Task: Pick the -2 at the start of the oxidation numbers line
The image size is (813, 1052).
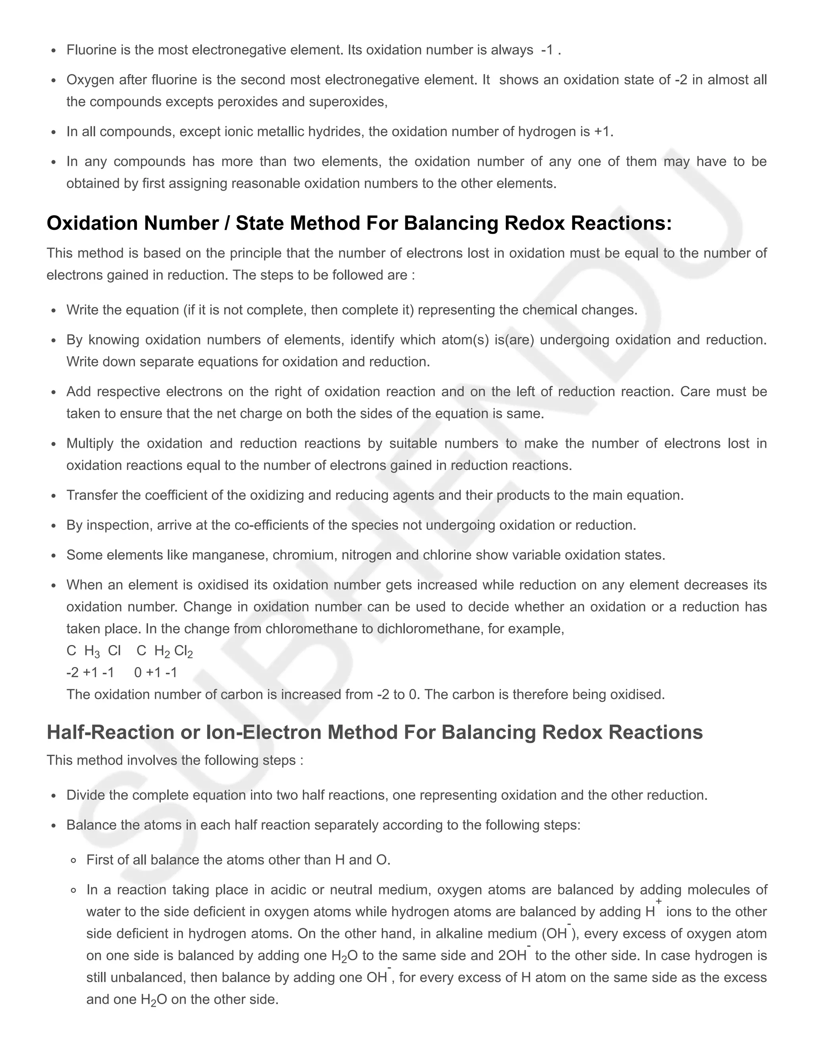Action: pyautogui.click(x=72, y=672)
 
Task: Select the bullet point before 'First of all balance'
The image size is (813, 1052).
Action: pyautogui.click(x=74, y=860)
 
